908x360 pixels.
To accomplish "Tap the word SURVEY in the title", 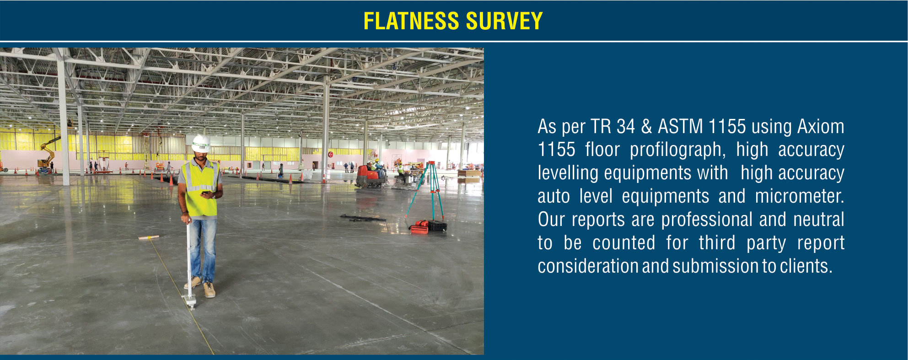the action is [x=504, y=21].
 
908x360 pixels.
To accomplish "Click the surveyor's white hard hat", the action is [x=200, y=144].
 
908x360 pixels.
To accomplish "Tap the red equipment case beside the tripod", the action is [x=419, y=227].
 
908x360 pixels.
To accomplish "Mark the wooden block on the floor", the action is [x=149, y=237].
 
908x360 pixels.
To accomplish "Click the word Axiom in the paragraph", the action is [x=821, y=126].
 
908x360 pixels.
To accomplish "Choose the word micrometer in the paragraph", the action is [x=800, y=196].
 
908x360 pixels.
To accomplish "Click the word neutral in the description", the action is [x=819, y=220].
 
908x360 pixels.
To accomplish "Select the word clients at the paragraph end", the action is [x=806, y=266].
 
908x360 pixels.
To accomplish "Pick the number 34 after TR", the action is [x=626, y=126].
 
